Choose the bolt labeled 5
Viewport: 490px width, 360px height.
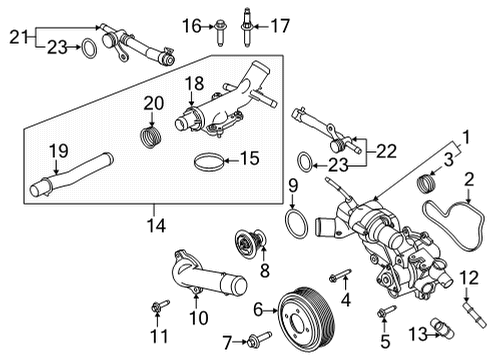pos(382,317)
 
